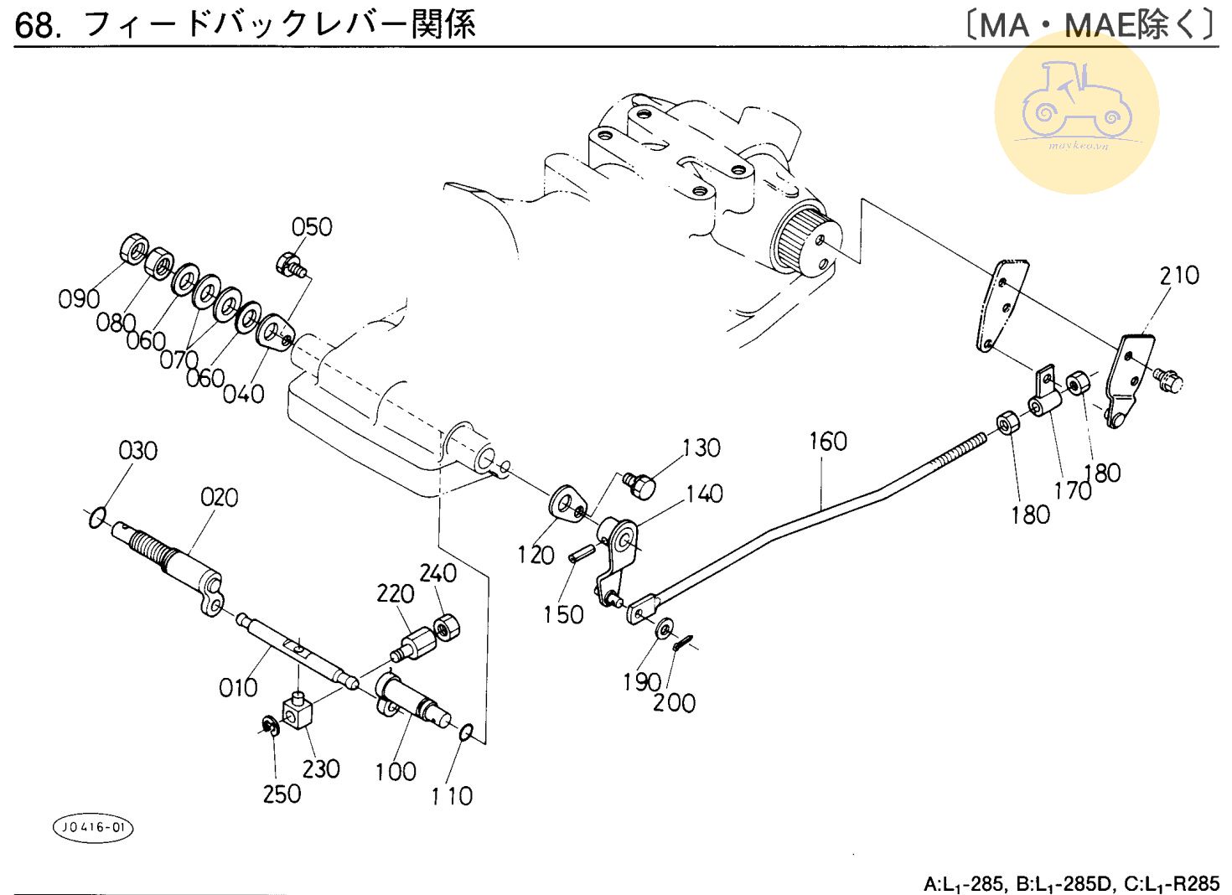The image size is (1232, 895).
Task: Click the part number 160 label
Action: point(827,441)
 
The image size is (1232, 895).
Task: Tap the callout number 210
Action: point(1178,275)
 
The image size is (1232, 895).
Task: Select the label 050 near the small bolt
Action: point(312,226)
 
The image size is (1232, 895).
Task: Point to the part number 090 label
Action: point(79,298)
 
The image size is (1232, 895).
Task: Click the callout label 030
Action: point(137,451)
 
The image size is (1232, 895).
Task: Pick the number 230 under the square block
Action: point(320,768)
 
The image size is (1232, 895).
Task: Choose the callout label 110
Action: point(452,795)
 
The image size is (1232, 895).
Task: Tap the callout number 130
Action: point(701,447)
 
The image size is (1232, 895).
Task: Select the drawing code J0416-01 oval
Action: point(93,828)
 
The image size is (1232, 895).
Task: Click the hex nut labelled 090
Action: point(133,248)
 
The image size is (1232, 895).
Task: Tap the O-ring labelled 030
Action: point(97,518)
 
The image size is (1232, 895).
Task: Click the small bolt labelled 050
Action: point(289,265)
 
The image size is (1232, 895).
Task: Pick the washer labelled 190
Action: point(665,626)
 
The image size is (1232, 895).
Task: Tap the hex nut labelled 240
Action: point(448,627)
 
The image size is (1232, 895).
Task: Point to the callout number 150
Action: point(562,614)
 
